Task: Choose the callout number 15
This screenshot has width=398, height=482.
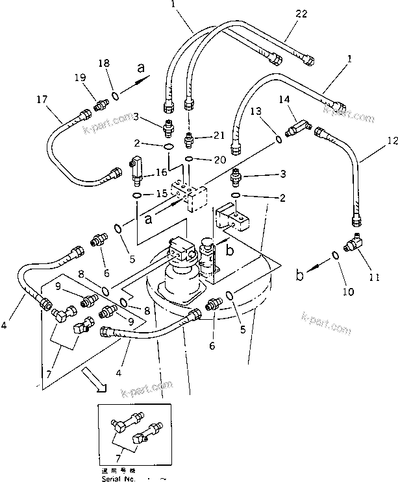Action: [x=161, y=194]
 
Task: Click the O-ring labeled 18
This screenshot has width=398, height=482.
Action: [x=114, y=97]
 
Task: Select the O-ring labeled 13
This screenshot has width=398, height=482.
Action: [x=279, y=138]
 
